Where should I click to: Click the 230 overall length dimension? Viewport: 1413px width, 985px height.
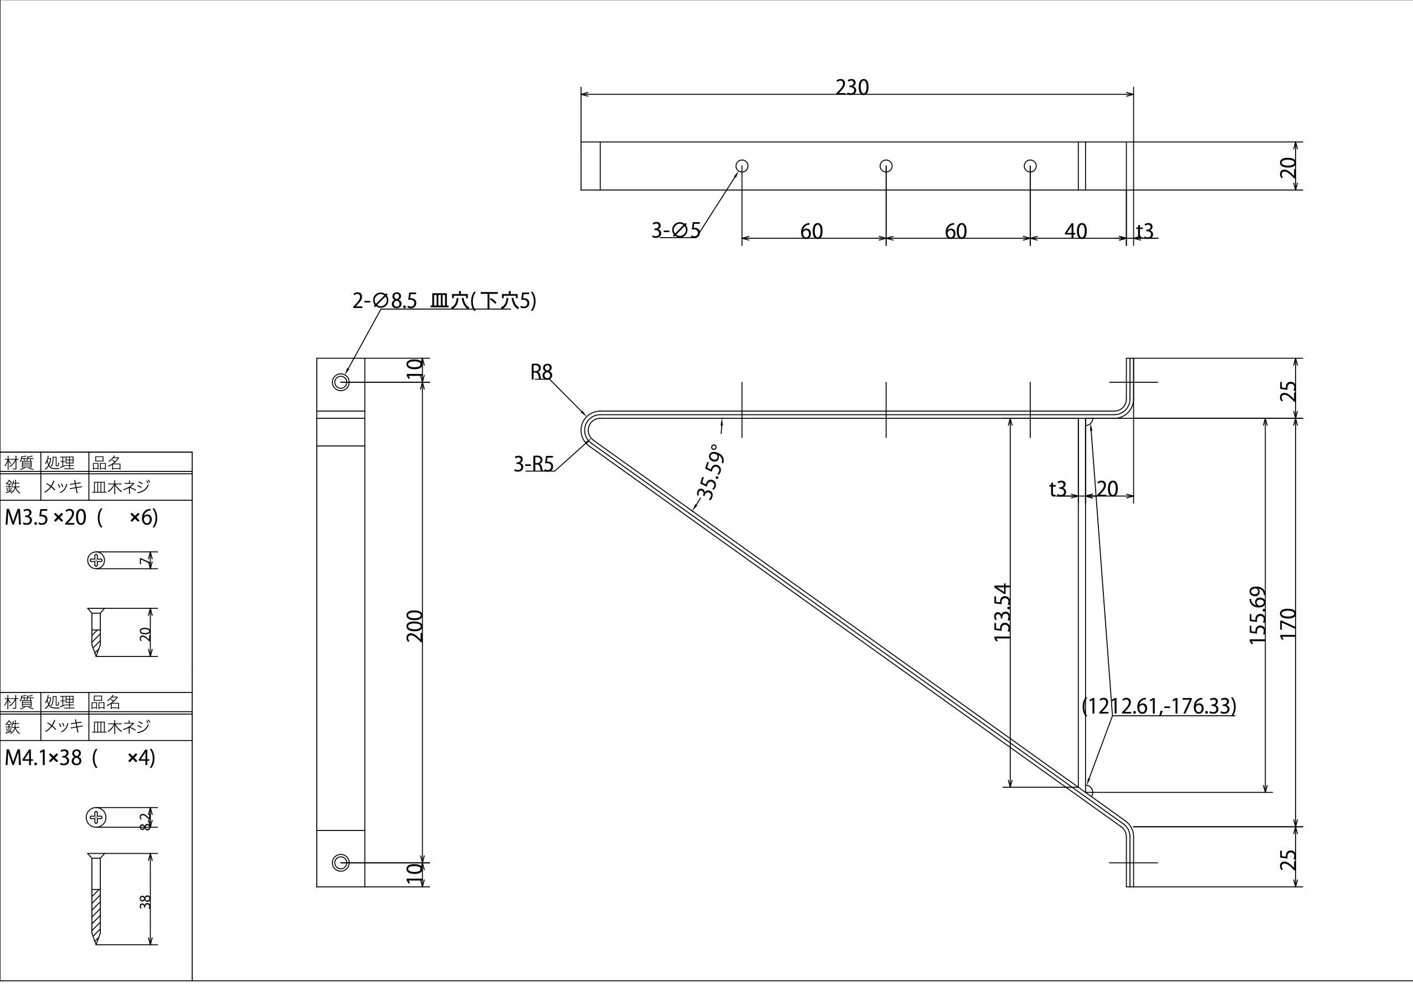852,88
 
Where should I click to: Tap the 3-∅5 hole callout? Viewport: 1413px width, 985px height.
676,230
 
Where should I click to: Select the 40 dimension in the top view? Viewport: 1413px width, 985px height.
1075,231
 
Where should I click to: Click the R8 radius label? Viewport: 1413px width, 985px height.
542,372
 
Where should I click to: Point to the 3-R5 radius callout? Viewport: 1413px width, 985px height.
533,464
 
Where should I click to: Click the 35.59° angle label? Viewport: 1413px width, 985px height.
710,471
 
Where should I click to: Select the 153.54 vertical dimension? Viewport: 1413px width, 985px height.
1003,612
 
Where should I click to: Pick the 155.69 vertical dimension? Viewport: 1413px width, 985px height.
1258,615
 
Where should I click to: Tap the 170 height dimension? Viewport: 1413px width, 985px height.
1288,623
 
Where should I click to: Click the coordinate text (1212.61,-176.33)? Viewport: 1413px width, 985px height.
1159,705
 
